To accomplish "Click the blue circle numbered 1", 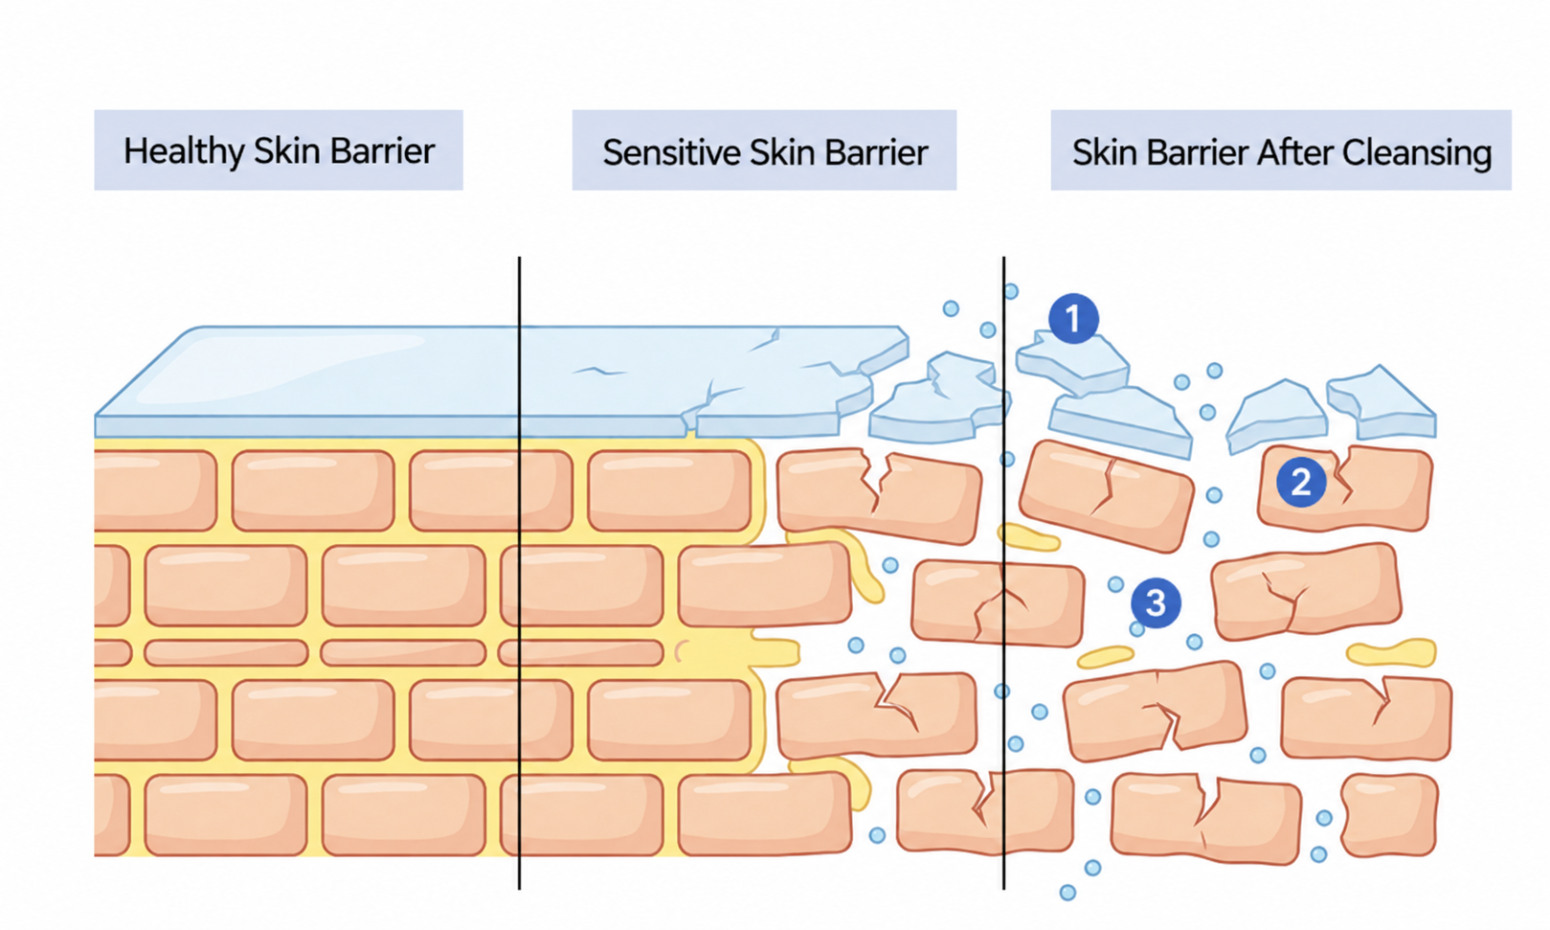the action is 1073,319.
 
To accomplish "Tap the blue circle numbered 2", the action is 1301,482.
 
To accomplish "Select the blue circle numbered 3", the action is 1156,603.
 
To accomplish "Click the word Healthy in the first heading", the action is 184,151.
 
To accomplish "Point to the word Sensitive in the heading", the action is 671,152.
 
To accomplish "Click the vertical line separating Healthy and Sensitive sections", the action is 519,573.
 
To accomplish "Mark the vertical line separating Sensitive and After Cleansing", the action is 1003,573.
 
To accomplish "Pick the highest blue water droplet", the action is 1011,291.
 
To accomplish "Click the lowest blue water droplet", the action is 1067,893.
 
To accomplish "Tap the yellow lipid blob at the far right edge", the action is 1392,652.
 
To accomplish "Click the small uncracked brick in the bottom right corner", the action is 1389,816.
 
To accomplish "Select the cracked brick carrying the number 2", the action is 1345,488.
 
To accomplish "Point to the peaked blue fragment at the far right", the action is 1382,404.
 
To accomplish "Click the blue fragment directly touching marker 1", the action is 1072,361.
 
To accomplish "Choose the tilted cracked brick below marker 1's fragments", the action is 1107,496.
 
